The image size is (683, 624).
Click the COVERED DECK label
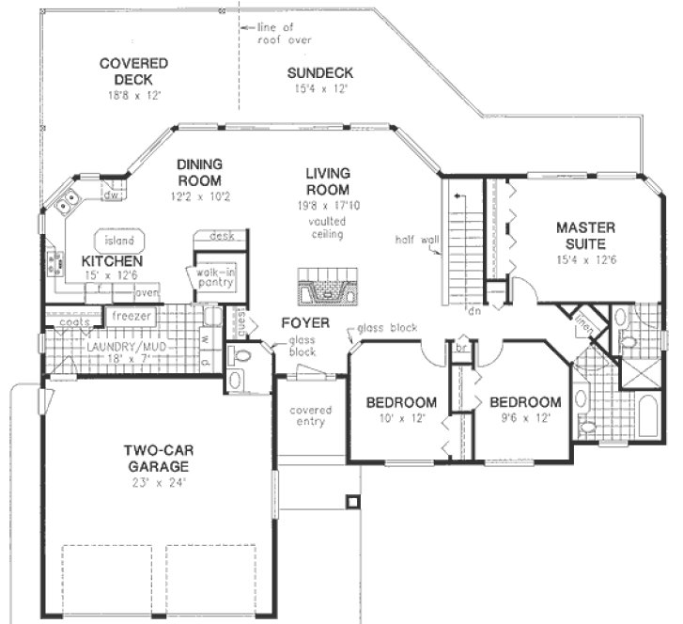[x=133, y=71]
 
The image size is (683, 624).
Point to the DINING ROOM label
[x=198, y=173]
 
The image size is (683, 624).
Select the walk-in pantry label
[x=217, y=276]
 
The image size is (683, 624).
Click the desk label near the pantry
[x=221, y=236]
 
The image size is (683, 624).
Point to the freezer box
[x=132, y=316]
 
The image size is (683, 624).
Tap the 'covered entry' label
[x=309, y=415]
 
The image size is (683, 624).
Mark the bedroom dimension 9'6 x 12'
[x=525, y=418]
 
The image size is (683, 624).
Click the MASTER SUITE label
[x=585, y=235]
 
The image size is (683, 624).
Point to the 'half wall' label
[x=417, y=240]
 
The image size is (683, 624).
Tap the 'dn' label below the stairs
[x=474, y=311]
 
